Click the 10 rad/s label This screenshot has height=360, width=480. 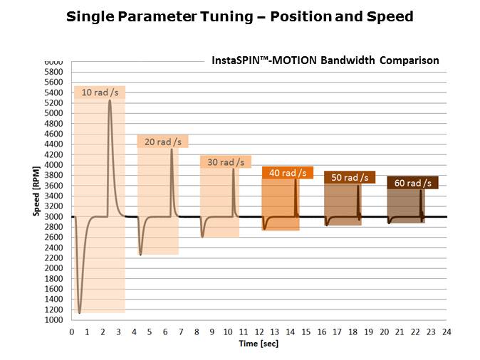100,92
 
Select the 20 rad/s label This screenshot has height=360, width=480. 162,142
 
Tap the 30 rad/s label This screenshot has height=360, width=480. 225,162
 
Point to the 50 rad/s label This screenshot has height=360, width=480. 350,177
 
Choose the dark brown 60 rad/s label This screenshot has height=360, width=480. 412,183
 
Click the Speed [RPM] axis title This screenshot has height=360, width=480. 36,191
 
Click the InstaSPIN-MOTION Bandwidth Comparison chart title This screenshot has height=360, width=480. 325,60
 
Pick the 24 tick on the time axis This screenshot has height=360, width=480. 447,332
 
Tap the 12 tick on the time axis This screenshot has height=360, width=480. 259,332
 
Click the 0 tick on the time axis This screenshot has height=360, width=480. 71,332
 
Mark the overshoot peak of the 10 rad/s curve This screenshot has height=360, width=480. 110,100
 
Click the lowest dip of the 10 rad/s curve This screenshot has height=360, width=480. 80,312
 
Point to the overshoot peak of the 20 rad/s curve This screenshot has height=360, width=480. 172,149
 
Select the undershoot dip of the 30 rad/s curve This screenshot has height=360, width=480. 202,236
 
